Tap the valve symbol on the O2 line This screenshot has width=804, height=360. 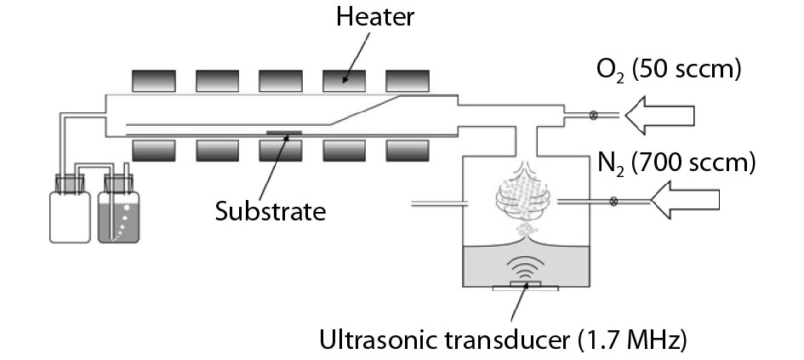pyautogui.click(x=583, y=115)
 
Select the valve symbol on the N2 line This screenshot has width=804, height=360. pyautogui.click(x=613, y=202)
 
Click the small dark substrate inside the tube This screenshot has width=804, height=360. pyautogui.click(x=282, y=132)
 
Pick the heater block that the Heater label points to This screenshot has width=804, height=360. pyautogui.click(x=345, y=80)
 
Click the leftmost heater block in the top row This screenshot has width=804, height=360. pyautogui.click(x=154, y=80)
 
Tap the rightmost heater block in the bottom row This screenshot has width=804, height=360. pyautogui.click(x=408, y=150)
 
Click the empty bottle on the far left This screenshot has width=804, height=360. pyautogui.click(x=70, y=216)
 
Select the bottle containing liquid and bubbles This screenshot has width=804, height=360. pyautogui.click(x=119, y=216)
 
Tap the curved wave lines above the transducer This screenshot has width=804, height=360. pyautogui.click(x=527, y=267)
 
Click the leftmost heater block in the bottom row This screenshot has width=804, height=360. pyautogui.click(x=154, y=150)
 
